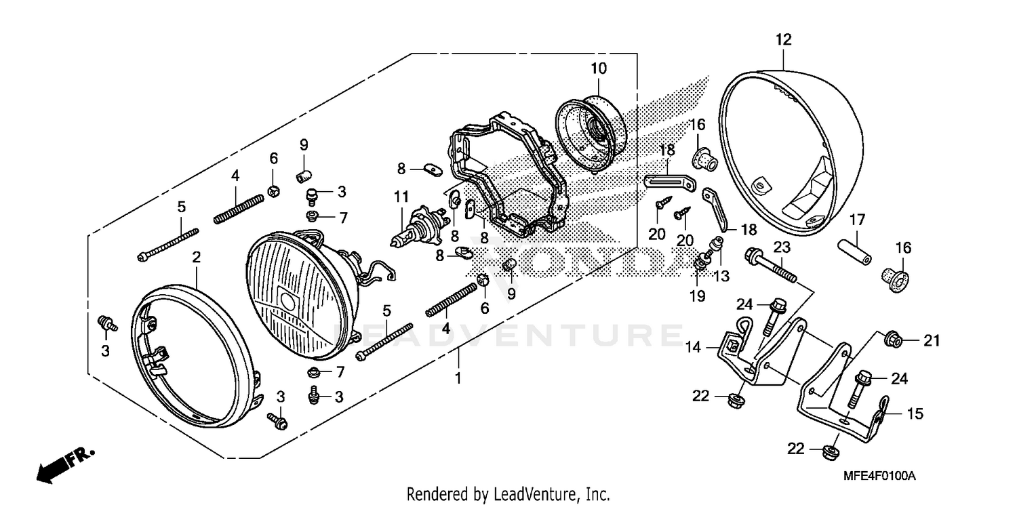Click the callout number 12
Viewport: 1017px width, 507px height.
(x=783, y=40)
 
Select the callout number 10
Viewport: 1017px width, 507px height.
(x=598, y=68)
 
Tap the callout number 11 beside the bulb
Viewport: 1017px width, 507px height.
(x=402, y=198)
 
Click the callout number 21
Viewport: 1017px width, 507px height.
(x=932, y=341)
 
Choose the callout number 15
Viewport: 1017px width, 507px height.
(x=915, y=413)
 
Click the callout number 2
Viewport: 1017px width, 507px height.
(x=196, y=258)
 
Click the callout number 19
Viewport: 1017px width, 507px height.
(x=697, y=296)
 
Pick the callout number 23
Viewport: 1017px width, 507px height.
(x=782, y=247)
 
